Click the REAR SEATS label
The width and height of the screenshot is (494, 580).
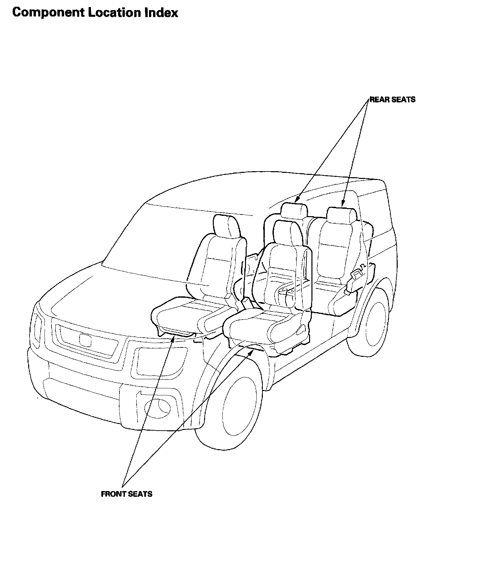pos(392,99)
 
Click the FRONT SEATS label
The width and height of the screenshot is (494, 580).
pos(127,494)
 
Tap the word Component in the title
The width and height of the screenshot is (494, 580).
pos(48,13)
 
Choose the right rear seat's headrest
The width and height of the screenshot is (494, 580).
pos(341,215)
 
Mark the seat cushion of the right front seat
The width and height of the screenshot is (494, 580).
pos(255,324)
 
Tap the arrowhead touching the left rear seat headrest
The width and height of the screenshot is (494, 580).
pos(297,201)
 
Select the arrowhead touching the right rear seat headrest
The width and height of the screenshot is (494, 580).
pos(343,204)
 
